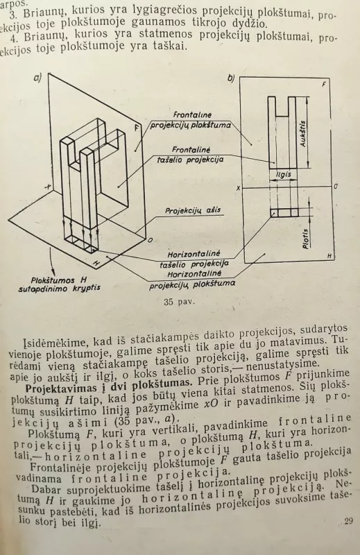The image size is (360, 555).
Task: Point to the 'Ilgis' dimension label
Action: pyautogui.click(x=283, y=173)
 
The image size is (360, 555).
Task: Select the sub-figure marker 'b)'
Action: pyautogui.click(x=231, y=78)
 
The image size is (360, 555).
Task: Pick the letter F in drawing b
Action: pyautogui.click(x=325, y=84)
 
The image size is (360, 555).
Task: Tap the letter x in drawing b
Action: pyautogui.click(x=237, y=188)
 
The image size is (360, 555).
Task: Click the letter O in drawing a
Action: pyautogui.click(x=150, y=239)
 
